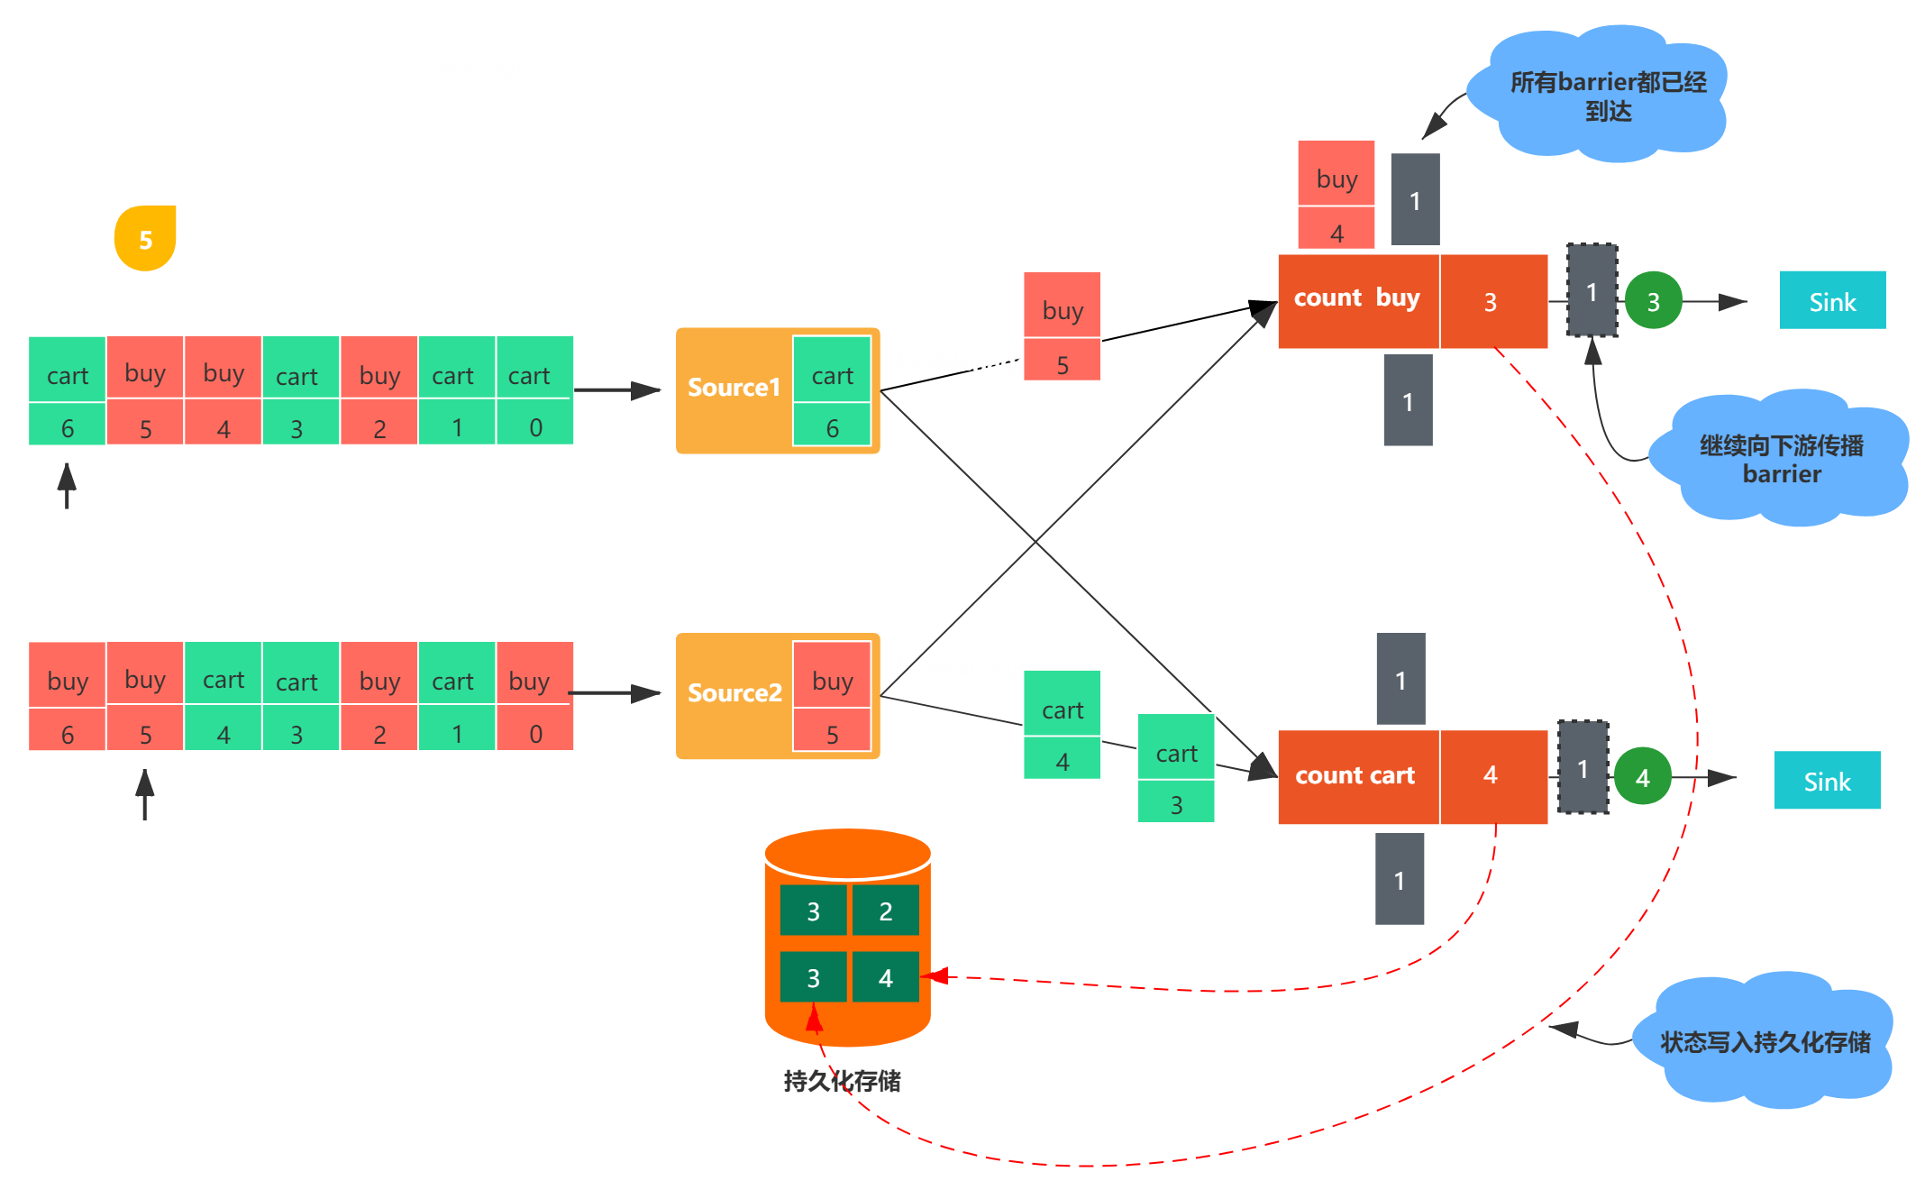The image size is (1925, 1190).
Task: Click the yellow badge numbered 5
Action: click(145, 239)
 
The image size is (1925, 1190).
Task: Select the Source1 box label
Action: click(733, 388)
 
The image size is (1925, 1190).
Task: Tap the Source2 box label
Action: click(734, 693)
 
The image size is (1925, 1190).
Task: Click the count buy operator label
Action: click(1356, 298)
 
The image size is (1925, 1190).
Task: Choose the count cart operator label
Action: click(1355, 775)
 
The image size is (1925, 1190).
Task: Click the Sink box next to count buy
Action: click(1832, 301)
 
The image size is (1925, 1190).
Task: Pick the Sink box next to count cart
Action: click(1827, 781)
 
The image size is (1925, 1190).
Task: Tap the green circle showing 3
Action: click(1653, 301)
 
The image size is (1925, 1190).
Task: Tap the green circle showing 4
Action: click(1642, 776)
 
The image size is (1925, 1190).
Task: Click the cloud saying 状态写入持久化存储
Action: click(1765, 1042)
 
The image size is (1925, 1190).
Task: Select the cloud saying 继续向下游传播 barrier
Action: click(1781, 459)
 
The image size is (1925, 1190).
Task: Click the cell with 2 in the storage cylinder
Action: click(885, 911)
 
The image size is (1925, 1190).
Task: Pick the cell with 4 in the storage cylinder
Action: click(885, 977)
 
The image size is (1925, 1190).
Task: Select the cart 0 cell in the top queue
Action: click(535, 390)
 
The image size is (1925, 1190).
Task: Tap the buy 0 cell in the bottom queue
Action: click(535, 696)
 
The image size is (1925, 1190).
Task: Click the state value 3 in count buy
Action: click(1491, 302)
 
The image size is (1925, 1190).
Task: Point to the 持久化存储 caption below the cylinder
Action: click(842, 1081)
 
